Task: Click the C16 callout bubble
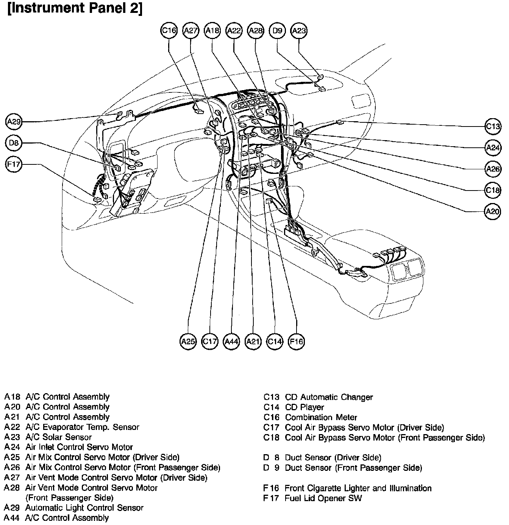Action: pyautogui.click(x=169, y=31)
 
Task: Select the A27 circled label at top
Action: pyautogui.click(x=190, y=31)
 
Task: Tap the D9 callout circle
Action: pyautogui.click(x=278, y=31)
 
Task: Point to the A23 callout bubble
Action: pyautogui.click(x=299, y=31)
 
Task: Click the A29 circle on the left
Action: pyautogui.click(x=14, y=122)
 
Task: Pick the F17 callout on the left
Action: pyautogui.click(x=14, y=164)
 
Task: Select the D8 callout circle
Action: pyautogui.click(x=14, y=143)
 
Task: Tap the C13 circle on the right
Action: pyautogui.click(x=493, y=126)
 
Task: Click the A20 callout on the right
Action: pyautogui.click(x=493, y=211)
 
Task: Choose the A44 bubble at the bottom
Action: pyautogui.click(x=231, y=341)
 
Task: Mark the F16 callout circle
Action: pyautogui.click(x=296, y=341)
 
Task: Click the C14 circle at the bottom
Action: pyautogui.click(x=275, y=341)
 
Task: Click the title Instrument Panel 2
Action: pyautogui.click(x=75, y=8)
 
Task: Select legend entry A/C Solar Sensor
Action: pyautogui.click(x=59, y=437)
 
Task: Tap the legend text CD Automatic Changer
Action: pyautogui.click(x=329, y=397)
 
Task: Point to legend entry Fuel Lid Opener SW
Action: pyautogui.click(x=323, y=498)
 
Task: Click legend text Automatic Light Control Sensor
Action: pyautogui.click(x=84, y=508)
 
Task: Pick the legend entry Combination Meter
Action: pyautogui.click(x=321, y=417)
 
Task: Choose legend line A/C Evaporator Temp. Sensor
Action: pyautogui.click(x=82, y=427)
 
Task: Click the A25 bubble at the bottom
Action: pyautogui.click(x=188, y=341)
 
